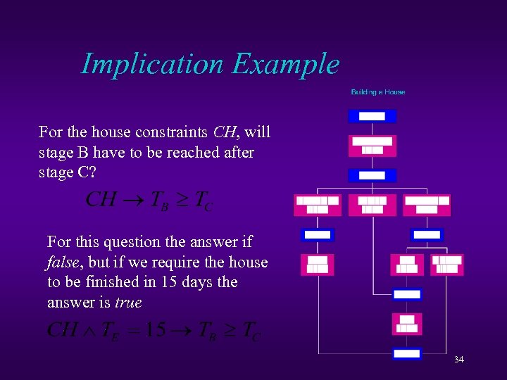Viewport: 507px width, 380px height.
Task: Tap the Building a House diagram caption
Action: [x=378, y=92]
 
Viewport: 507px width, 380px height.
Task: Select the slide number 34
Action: [x=458, y=360]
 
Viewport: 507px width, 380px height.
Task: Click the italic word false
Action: [x=63, y=262]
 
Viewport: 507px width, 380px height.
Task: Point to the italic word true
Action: [x=128, y=303]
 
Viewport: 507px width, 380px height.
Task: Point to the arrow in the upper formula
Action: [x=134, y=200]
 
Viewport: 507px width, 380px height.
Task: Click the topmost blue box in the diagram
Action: [x=372, y=116]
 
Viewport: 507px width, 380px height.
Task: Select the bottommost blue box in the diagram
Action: [x=406, y=353]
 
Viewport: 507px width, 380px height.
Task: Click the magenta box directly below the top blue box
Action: [x=372, y=146]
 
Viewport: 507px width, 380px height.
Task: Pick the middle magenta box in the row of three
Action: [x=372, y=205]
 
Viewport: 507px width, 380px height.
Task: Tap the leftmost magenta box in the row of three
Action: [x=318, y=205]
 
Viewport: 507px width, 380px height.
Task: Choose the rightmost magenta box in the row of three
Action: [x=427, y=205]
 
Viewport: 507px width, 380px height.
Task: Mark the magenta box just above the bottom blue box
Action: [x=406, y=324]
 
